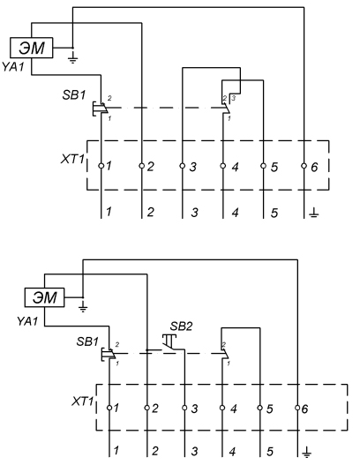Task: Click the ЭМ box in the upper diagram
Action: coord(32,48)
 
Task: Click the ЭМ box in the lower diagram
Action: coord(44,297)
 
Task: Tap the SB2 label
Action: coord(181,326)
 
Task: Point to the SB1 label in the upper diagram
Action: coord(74,95)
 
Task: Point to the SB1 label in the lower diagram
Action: coord(87,341)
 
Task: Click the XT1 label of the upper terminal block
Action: coord(72,159)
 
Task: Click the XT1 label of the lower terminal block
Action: coord(82,401)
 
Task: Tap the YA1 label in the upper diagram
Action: coord(12,67)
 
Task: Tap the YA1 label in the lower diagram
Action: coord(27,321)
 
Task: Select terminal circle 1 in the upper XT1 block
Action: coord(101,166)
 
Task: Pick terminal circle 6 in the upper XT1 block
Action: coord(304,166)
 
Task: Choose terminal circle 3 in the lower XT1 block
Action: coord(184,408)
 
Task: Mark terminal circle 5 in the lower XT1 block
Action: coord(259,408)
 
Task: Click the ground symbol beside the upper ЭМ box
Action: coord(72,58)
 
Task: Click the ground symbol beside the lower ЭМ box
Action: coord(83,308)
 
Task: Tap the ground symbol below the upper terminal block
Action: coord(314,213)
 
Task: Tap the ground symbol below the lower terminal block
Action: coord(307,453)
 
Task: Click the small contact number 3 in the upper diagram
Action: coord(233,98)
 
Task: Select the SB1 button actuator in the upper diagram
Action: coord(94,109)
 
